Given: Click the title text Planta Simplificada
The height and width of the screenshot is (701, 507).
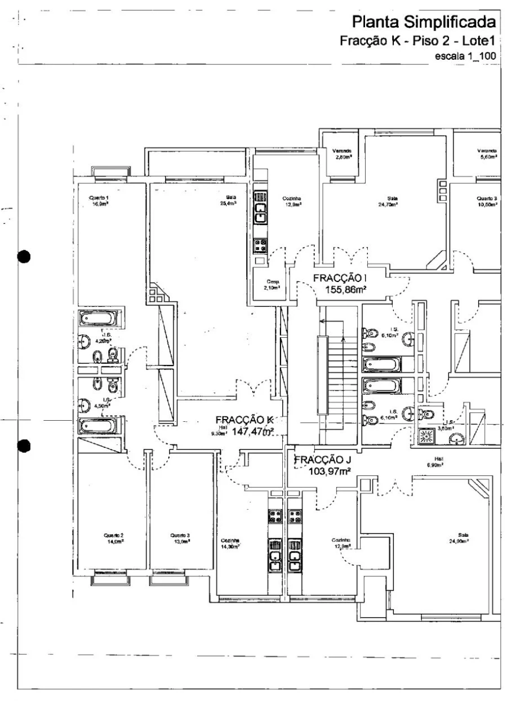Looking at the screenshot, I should pyautogui.click(x=426, y=24).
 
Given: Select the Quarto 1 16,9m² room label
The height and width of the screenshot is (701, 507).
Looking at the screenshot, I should pyautogui.click(x=99, y=201).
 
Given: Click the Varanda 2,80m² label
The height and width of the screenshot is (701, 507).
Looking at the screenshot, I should pyautogui.click(x=342, y=154).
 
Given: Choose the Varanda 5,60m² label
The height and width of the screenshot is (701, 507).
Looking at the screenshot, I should pyautogui.click(x=487, y=154).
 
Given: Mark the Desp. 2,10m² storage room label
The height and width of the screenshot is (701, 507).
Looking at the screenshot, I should pyautogui.click(x=266, y=284).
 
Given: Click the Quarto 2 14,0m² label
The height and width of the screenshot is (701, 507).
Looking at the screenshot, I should pyautogui.click(x=113, y=537).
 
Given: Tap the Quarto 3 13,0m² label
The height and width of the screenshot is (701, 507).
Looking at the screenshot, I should pyautogui.click(x=180, y=537).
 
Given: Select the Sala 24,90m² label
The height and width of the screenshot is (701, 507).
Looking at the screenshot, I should pyautogui.click(x=464, y=537).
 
